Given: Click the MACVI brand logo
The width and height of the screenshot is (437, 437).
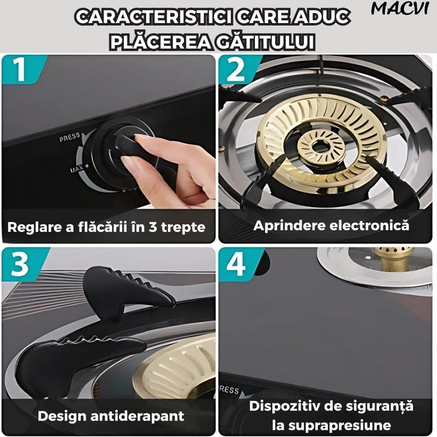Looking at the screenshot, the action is click(399, 8).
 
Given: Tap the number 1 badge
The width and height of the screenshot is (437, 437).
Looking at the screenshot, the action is click(19, 69).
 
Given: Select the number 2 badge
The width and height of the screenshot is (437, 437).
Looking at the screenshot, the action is click(235, 69).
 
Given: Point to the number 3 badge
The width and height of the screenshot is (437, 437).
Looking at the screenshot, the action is click(20, 264).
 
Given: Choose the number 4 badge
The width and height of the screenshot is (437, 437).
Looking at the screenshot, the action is click(236, 263).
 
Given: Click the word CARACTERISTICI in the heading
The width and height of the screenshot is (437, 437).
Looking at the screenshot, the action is click(154, 17).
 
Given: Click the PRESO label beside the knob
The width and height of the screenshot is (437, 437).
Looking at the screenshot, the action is click(70, 137).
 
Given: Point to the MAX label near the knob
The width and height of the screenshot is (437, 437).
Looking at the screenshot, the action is click(76, 168).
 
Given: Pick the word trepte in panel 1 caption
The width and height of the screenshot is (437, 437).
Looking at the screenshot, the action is click(183, 228).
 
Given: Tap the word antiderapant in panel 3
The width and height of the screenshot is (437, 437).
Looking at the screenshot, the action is click(137, 416).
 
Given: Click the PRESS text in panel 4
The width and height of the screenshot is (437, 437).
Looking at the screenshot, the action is click(229, 389).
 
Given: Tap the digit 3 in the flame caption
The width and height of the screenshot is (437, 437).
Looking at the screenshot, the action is click(153, 227).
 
